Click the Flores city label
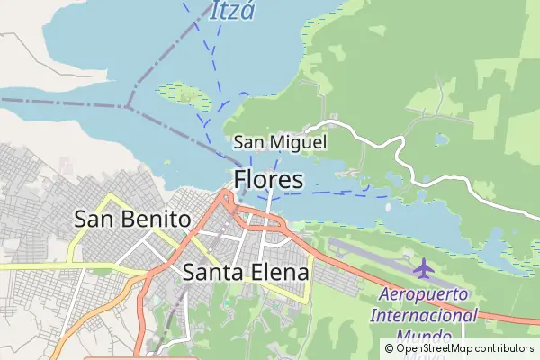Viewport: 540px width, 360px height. pyautogui.click(x=268, y=179)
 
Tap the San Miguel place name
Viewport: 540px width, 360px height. pyautogui.click(x=280, y=142)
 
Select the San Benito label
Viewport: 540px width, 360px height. pyautogui.click(x=132, y=219)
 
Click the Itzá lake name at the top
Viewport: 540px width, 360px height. pyautogui.click(x=233, y=11)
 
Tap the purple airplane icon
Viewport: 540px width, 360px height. pyautogui.click(x=422, y=267)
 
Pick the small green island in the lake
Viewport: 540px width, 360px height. pyautogui.click(x=185, y=94)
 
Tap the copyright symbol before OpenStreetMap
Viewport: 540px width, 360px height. pyautogui.click(x=389, y=348)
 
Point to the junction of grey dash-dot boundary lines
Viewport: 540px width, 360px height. pyautogui.click(x=130, y=105)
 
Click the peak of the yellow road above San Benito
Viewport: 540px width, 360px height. pyautogui.click(x=111, y=194)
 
